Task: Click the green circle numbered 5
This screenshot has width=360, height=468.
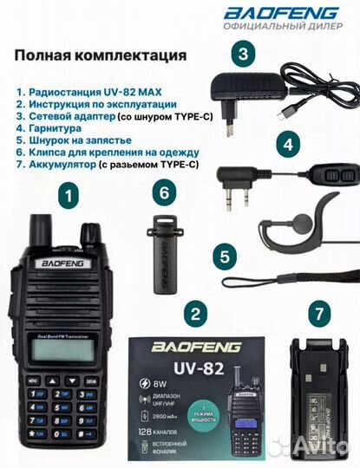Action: point(226,257)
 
